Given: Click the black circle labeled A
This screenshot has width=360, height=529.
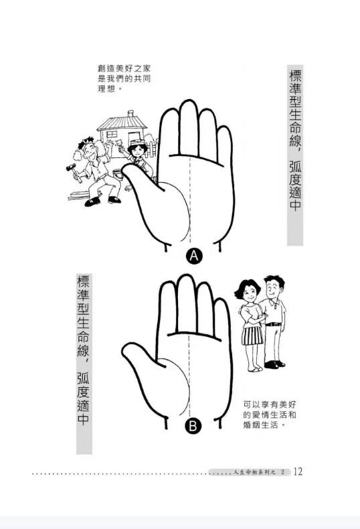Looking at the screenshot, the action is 194,256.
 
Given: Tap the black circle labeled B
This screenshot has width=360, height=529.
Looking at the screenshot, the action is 193,426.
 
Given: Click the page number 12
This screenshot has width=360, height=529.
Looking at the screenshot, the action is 298,471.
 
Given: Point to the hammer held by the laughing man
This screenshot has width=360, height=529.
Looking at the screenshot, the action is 74,171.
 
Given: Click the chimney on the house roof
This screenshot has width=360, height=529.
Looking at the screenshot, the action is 130,113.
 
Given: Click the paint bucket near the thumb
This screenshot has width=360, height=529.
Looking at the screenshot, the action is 117,174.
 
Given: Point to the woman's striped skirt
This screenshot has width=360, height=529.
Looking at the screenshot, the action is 252,335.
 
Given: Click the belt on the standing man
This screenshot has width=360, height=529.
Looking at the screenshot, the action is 274,324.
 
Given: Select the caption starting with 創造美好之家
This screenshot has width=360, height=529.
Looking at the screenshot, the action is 124,78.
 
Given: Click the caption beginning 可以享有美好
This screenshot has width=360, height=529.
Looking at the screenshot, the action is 270,414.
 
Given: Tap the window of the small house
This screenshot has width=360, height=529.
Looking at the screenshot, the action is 112,135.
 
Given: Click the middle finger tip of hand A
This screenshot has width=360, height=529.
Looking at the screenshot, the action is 189,103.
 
